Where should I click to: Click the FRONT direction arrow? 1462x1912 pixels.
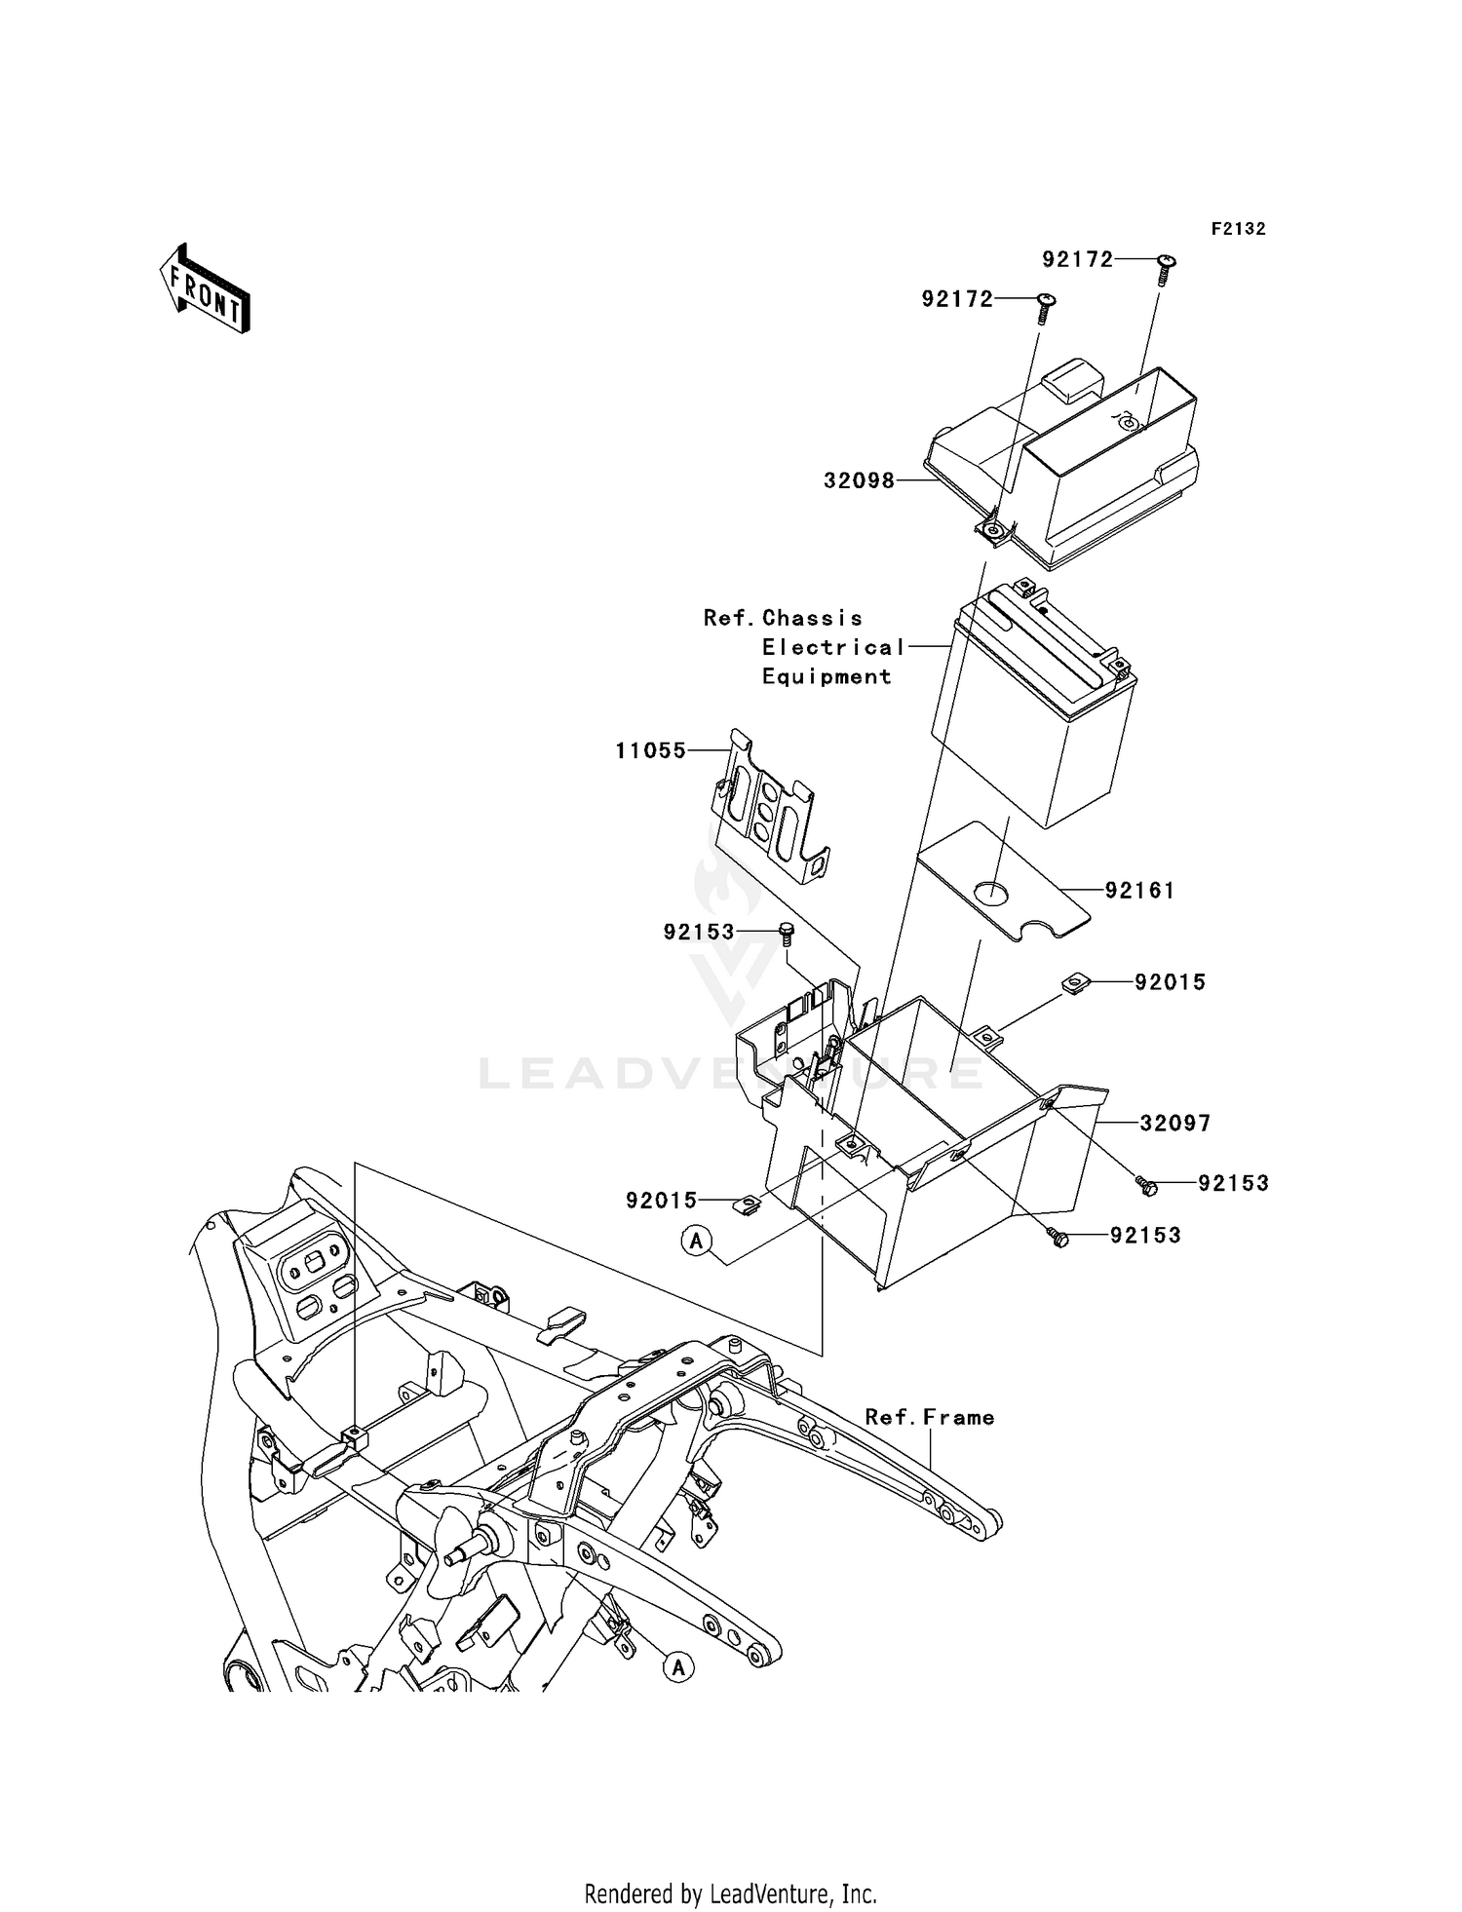pyautogui.click(x=205, y=289)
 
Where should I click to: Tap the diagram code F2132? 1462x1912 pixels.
pyautogui.click(x=1238, y=229)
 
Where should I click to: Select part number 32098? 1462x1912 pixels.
pyautogui.click(x=859, y=480)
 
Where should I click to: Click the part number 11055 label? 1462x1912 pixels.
pyautogui.click(x=650, y=751)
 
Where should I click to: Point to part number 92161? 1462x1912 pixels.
pyautogui.click(x=1139, y=891)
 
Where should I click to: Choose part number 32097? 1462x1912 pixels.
pyautogui.click(x=1175, y=1124)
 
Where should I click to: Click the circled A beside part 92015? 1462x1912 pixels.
pyautogui.click(x=697, y=1241)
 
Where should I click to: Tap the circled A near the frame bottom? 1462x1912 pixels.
pyautogui.click(x=678, y=1667)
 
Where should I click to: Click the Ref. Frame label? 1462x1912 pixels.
pyautogui.click(x=930, y=1418)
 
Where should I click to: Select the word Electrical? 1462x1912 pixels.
pyautogui.click(x=834, y=648)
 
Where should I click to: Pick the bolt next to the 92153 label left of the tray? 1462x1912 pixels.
pyautogui.click(x=787, y=933)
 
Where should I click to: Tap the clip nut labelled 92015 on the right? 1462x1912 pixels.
pyautogui.click(x=1073, y=985)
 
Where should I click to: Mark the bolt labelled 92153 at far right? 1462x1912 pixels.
pyautogui.click(x=1147, y=1185)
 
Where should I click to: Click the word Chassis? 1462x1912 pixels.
pyautogui.click(x=813, y=619)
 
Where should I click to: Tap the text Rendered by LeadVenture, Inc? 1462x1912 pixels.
pyautogui.click(x=730, y=1894)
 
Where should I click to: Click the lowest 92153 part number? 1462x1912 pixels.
pyautogui.click(x=1145, y=1236)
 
